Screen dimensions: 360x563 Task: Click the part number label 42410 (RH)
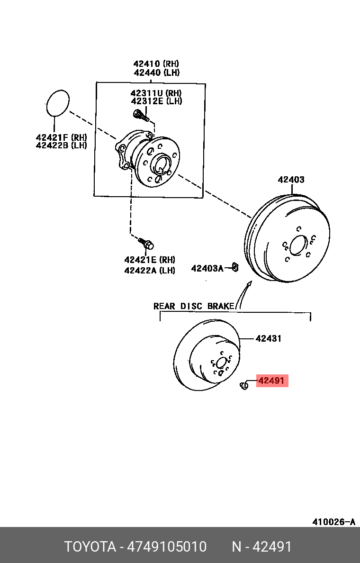(156, 64)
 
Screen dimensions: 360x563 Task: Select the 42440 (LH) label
(156, 73)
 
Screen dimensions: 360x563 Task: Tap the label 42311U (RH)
(156, 92)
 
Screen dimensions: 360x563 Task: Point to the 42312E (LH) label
(156, 101)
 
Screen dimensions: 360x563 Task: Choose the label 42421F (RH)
(62, 137)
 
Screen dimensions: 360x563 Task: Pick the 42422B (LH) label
(62, 145)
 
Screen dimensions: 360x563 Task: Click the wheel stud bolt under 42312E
(141, 115)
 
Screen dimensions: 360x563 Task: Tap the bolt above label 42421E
(146, 243)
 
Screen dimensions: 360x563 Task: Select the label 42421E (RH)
(150, 260)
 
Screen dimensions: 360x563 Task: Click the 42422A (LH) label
(150, 270)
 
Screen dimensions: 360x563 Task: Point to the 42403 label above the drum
(291, 180)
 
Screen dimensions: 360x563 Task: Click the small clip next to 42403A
(235, 267)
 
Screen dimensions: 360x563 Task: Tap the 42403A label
(207, 268)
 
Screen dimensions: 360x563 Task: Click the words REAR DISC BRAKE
(193, 306)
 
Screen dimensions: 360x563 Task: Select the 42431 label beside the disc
(269, 338)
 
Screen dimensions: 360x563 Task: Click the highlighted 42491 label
(272, 380)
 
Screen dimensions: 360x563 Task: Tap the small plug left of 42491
(243, 386)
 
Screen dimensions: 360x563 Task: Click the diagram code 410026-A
(333, 521)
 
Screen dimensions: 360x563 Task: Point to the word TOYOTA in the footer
(90, 547)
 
